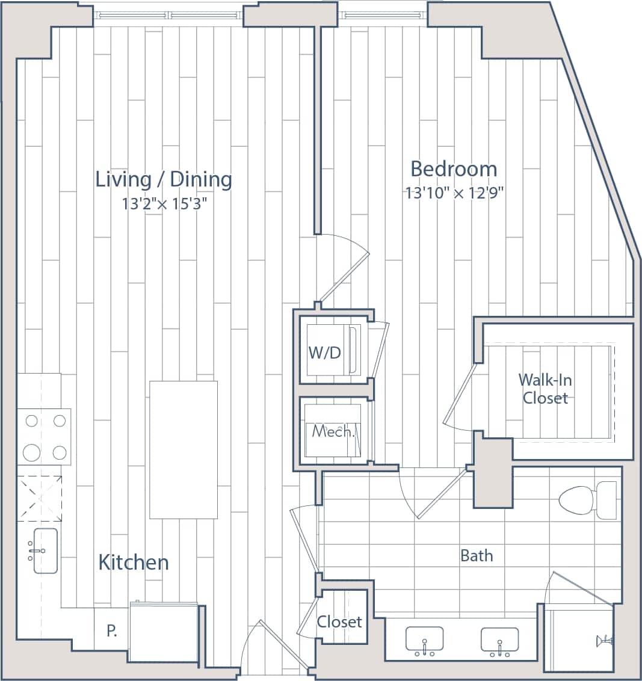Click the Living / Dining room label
click(164, 179)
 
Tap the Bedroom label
click(454, 169)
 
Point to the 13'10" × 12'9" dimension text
click(454, 193)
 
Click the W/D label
click(324, 353)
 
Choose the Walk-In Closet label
click(545, 389)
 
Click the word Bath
click(476, 555)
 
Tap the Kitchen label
click(133, 562)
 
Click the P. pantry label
click(111, 631)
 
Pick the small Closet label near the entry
click(339, 621)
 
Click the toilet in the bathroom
click(587, 500)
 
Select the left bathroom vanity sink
click(424, 640)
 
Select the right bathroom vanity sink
click(499, 640)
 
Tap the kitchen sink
click(45, 550)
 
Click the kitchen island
click(183, 449)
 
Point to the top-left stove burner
click(32, 421)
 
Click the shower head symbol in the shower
click(603, 641)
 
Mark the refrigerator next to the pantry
click(164, 632)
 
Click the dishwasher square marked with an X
click(39, 498)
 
